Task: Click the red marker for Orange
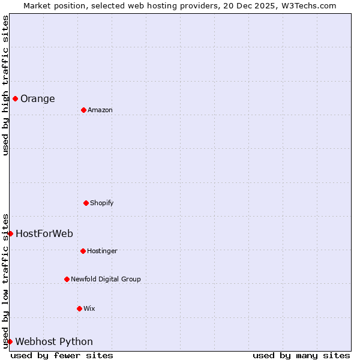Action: point(15,98)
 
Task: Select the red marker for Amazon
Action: point(83,110)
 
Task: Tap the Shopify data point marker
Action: point(86,203)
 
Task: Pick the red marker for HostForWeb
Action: point(10,233)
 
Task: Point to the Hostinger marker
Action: point(83,251)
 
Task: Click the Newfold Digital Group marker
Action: point(67,279)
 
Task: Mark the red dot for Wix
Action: point(79,308)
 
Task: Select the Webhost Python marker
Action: point(10,341)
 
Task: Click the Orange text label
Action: point(37,99)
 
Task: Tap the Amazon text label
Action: point(100,110)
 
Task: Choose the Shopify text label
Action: point(101,203)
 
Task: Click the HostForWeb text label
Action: point(44,234)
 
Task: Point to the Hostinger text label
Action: point(102,251)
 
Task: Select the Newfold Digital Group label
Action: point(106,280)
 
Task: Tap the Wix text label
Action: point(89,309)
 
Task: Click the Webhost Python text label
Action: point(54,342)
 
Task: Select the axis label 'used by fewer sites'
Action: point(62,355)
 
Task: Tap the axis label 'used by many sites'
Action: point(301,355)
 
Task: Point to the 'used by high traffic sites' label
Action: point(5,85)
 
